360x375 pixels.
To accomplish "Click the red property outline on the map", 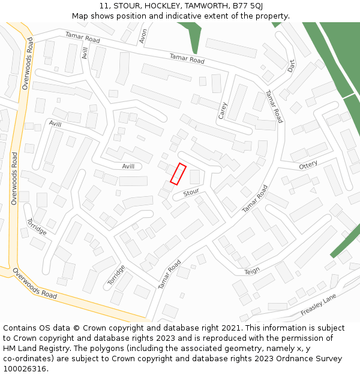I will (x=178, y=173).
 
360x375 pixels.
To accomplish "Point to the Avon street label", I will (x=143, y=37).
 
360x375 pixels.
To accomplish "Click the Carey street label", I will (x=223, y=110).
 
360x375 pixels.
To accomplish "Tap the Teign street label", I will (x=253, y=272).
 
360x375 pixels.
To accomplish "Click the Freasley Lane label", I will (x=318, y=305).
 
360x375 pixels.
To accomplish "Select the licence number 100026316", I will (x=25, y=369).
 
